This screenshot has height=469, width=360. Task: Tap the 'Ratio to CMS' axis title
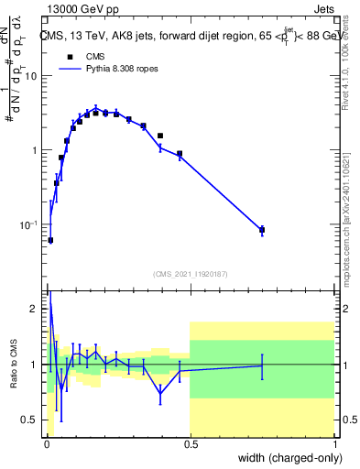12,365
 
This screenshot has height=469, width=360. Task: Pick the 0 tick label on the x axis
45,443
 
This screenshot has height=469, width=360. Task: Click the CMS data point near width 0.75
262,230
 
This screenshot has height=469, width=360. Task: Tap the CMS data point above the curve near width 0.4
160,136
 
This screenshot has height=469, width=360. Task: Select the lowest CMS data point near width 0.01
49,240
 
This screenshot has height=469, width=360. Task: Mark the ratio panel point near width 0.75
262,365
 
